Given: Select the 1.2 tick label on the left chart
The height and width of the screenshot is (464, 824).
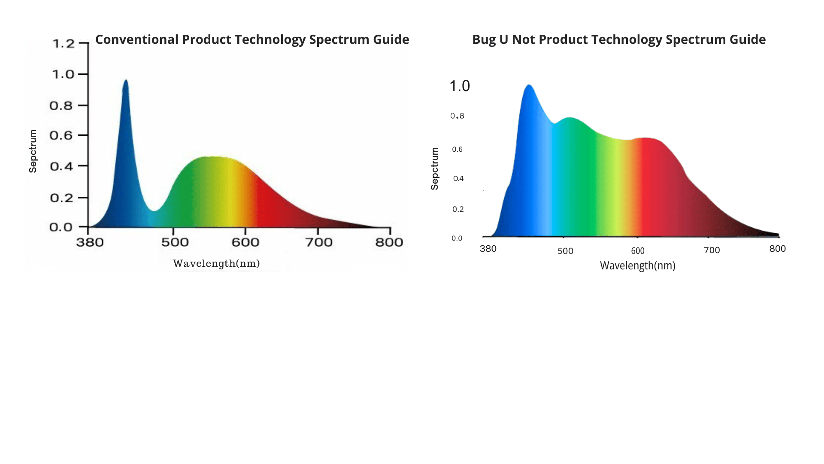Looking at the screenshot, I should point(63,44).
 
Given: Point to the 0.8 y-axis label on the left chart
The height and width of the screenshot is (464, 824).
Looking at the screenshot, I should point(61,106).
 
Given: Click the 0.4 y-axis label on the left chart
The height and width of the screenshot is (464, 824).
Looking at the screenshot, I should point(61,166).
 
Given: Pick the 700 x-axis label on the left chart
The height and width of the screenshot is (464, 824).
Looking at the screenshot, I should point(319,242).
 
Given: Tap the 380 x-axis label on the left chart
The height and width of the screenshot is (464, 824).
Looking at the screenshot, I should point(90,242).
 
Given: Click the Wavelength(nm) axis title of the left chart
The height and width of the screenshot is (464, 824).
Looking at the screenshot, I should point(216,263).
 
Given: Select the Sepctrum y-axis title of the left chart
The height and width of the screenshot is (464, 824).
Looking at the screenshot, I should point(33,151).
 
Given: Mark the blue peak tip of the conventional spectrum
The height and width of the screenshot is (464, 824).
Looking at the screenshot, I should point(126,80).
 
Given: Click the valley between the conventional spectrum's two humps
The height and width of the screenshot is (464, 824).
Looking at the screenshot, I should point(154,210).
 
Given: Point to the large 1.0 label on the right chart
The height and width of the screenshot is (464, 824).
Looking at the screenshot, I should point(460,86).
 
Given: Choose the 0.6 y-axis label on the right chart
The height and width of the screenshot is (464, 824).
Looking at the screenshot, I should point(457,150).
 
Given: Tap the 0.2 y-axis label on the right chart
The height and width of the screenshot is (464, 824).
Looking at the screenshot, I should point(458,209).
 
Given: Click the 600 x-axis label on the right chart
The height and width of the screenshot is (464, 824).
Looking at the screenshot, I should point(638,251).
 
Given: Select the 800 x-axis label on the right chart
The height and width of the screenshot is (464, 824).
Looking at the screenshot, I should point(777,249).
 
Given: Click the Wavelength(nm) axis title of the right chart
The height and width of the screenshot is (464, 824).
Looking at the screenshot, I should point(637,266).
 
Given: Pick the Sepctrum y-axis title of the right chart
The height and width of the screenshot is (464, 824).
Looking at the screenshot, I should point(435,168).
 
